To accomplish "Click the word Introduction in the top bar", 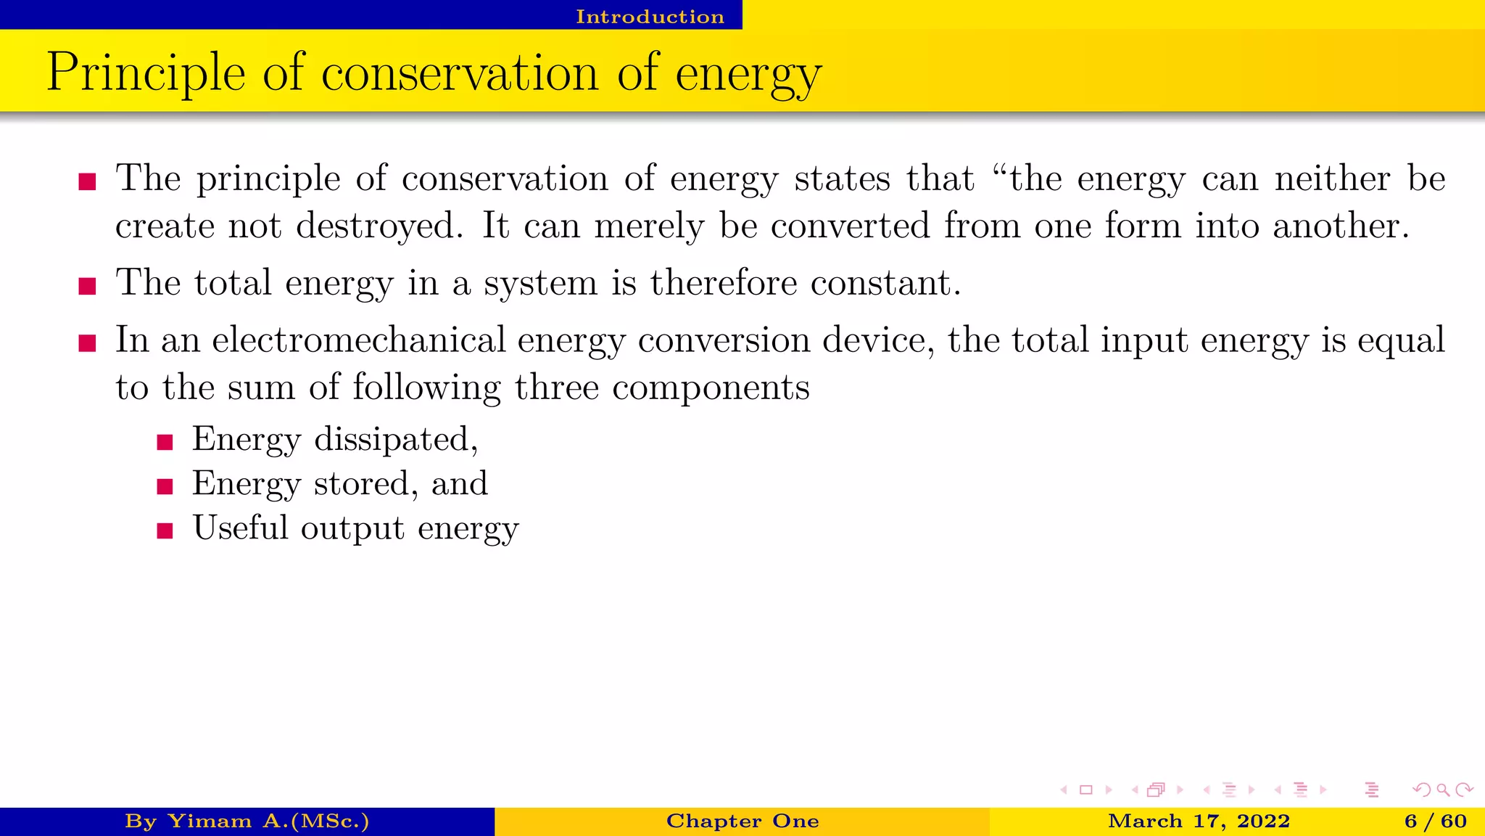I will (650, 16).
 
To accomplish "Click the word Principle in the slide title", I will (146, 74).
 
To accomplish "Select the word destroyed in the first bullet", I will (379, 226).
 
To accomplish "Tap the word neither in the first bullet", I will (1332, 179).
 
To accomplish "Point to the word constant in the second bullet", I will (885, 282).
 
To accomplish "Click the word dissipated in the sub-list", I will (395, 439).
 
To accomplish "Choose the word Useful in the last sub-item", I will (240, 528).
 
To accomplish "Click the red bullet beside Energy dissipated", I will (165, 442).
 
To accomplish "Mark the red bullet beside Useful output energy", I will (165, 530).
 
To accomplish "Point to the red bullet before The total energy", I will (88, 286).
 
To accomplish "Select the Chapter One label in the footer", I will (742, 821).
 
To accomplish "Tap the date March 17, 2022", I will (1199, 821).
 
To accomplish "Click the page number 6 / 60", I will (1435, 821).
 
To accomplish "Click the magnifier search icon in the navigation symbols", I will (1443, 790).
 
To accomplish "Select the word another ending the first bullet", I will (1340, 226).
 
